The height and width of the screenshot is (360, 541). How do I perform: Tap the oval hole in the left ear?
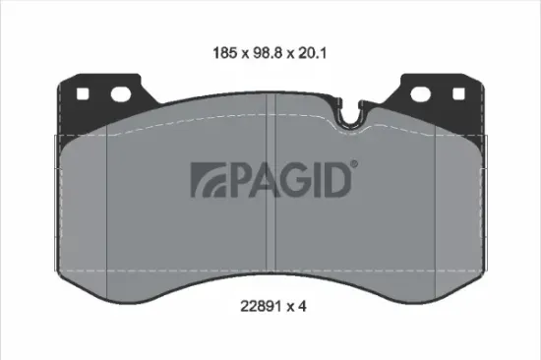(x=122, y=95)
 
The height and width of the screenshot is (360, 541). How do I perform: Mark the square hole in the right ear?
(x=457, y=96)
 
